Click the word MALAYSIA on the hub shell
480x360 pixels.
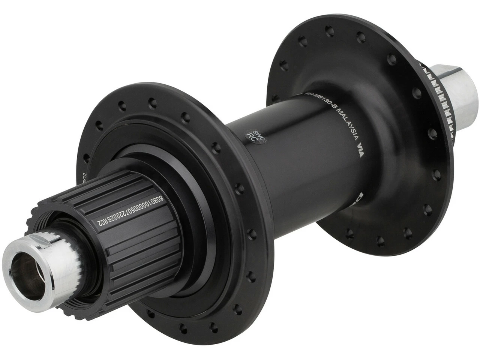(x=346, y=124)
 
